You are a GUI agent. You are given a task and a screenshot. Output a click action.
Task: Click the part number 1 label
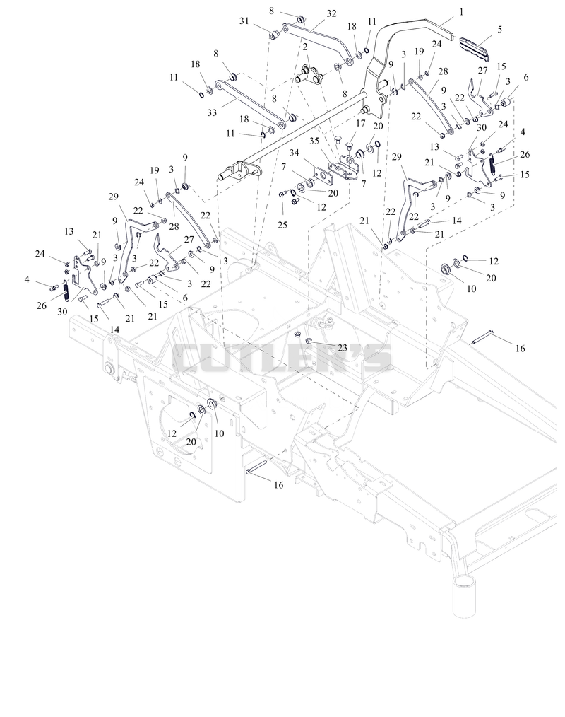pyautogui.click(x=461, y=12)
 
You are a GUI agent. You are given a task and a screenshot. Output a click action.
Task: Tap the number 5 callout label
pyautogui.click(x=500, y=29)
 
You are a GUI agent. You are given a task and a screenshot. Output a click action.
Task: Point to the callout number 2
pyautogui.click(x=304, y=47)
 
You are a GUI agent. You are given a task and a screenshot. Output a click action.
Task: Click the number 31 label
pyautogui.click(x=244, y=21)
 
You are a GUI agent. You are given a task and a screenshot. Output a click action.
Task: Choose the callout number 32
pyautogui.click(x=331, y=13)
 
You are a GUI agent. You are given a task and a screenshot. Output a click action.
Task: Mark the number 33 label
pyautogui.click(x=212, y=112)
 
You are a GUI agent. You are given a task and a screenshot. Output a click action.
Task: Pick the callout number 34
pyautogui.click(x=294, y=152)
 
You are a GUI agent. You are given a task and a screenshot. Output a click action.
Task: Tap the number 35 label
pyautogui.click(x=314, y=141)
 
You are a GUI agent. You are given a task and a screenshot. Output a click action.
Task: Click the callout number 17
pyautogui.click(x=361, y=123)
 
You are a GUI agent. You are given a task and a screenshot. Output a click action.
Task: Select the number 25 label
pyautogui.click(x=282, y=225)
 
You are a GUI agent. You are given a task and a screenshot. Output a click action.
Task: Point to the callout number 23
pyautogui.click(x=343, y=347)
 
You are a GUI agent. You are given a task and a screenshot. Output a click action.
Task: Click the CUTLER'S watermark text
pyautogui.click(x=282, y=358)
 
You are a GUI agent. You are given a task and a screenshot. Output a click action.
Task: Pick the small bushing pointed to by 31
pyautogui.click(x=274, y=35)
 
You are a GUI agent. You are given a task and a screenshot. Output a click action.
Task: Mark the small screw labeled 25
pyautogui.click(x=282, y=194)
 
